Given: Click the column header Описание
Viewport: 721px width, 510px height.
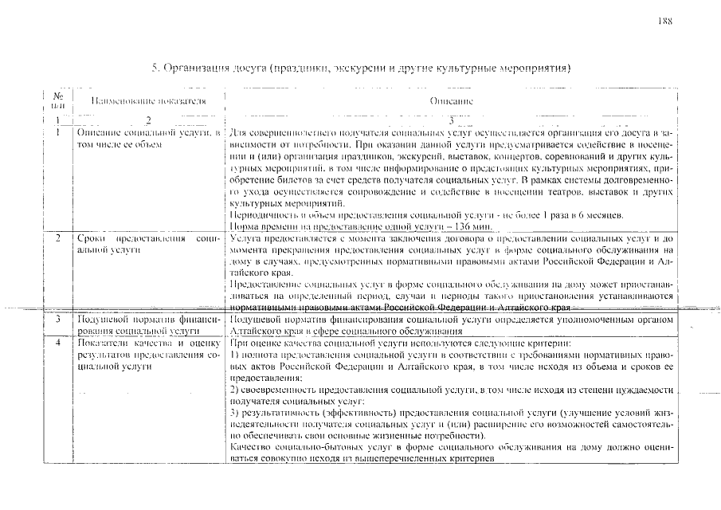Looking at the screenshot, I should click(x=451, y=101).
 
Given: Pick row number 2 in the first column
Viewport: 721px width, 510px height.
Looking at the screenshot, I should click(x=57, y=238).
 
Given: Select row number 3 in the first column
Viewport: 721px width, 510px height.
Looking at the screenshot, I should click(x=57, y=319).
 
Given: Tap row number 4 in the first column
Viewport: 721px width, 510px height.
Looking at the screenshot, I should click(x=57, y=342).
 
